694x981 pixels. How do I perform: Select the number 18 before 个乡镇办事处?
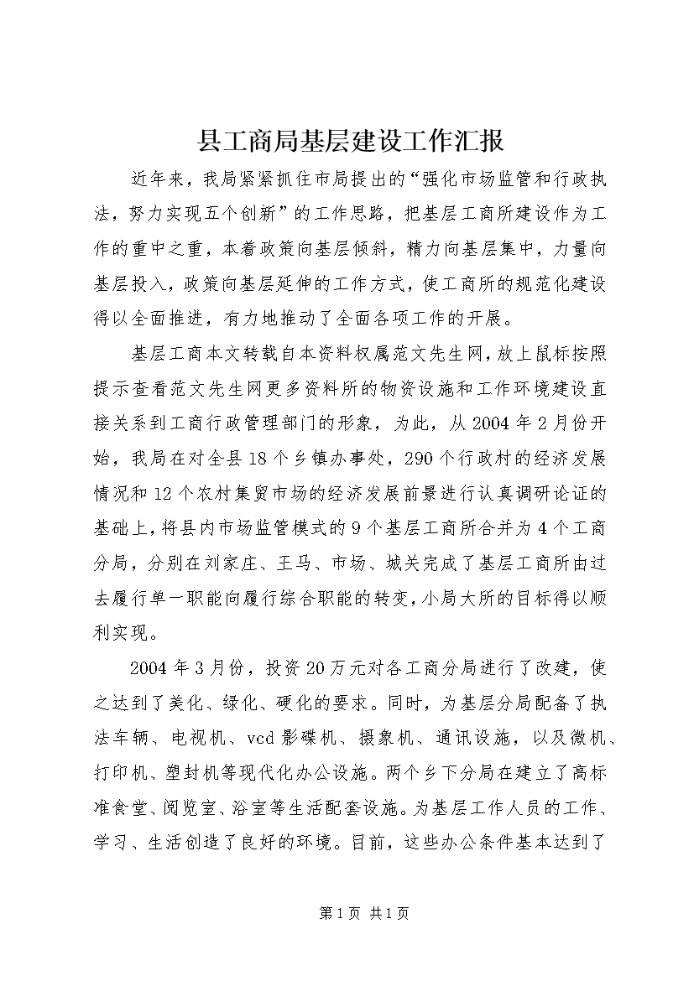click(x=257, y=459)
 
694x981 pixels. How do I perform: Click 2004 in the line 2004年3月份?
click(x=152, y=668)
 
